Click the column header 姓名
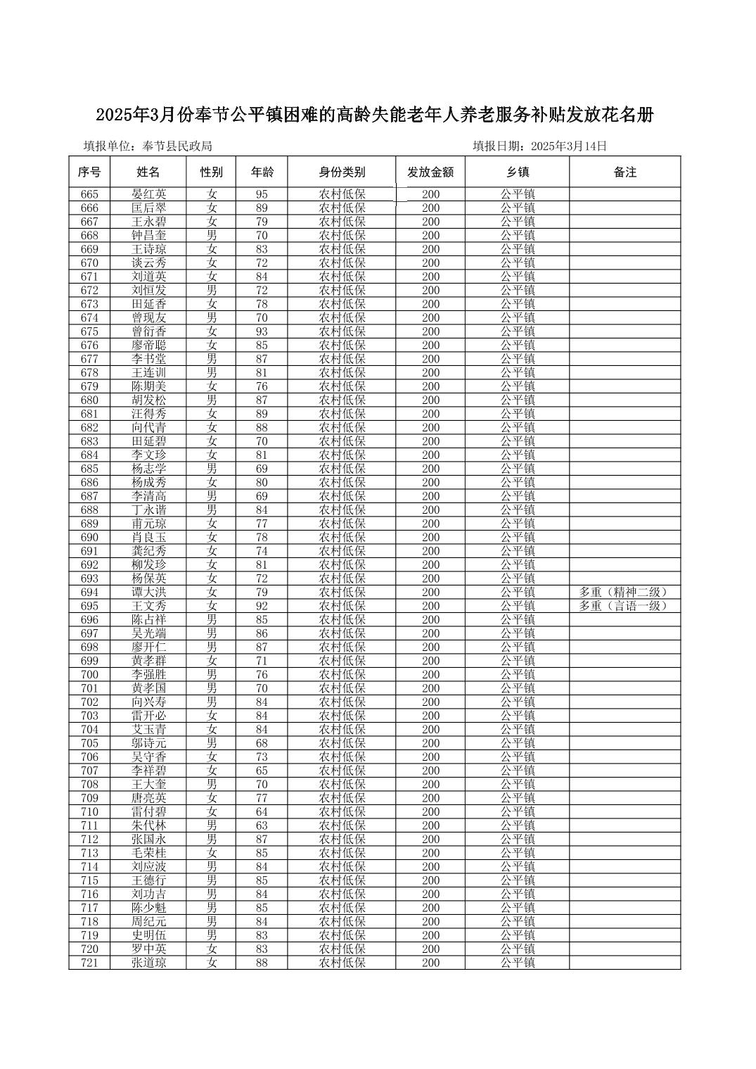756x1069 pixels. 148,172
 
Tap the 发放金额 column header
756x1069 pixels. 430,172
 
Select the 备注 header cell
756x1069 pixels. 624,172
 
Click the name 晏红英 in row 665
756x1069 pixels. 148,194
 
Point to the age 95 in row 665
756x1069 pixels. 262,194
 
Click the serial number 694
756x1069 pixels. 89,593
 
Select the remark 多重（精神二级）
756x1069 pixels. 623,593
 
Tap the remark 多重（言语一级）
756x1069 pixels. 623,606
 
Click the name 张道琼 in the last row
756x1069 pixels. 148,963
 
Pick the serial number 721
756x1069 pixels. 89,963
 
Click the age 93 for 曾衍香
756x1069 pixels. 262,331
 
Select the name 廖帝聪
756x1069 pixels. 148,346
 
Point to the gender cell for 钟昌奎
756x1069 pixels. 212,236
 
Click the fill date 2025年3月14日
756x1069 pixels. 569,146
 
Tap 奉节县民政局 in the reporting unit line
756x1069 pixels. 177,146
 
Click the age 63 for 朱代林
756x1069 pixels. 262,826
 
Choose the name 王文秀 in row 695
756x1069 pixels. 148,606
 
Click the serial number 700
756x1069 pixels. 89,675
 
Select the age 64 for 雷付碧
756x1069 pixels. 262,812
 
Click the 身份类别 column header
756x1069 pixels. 342,172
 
